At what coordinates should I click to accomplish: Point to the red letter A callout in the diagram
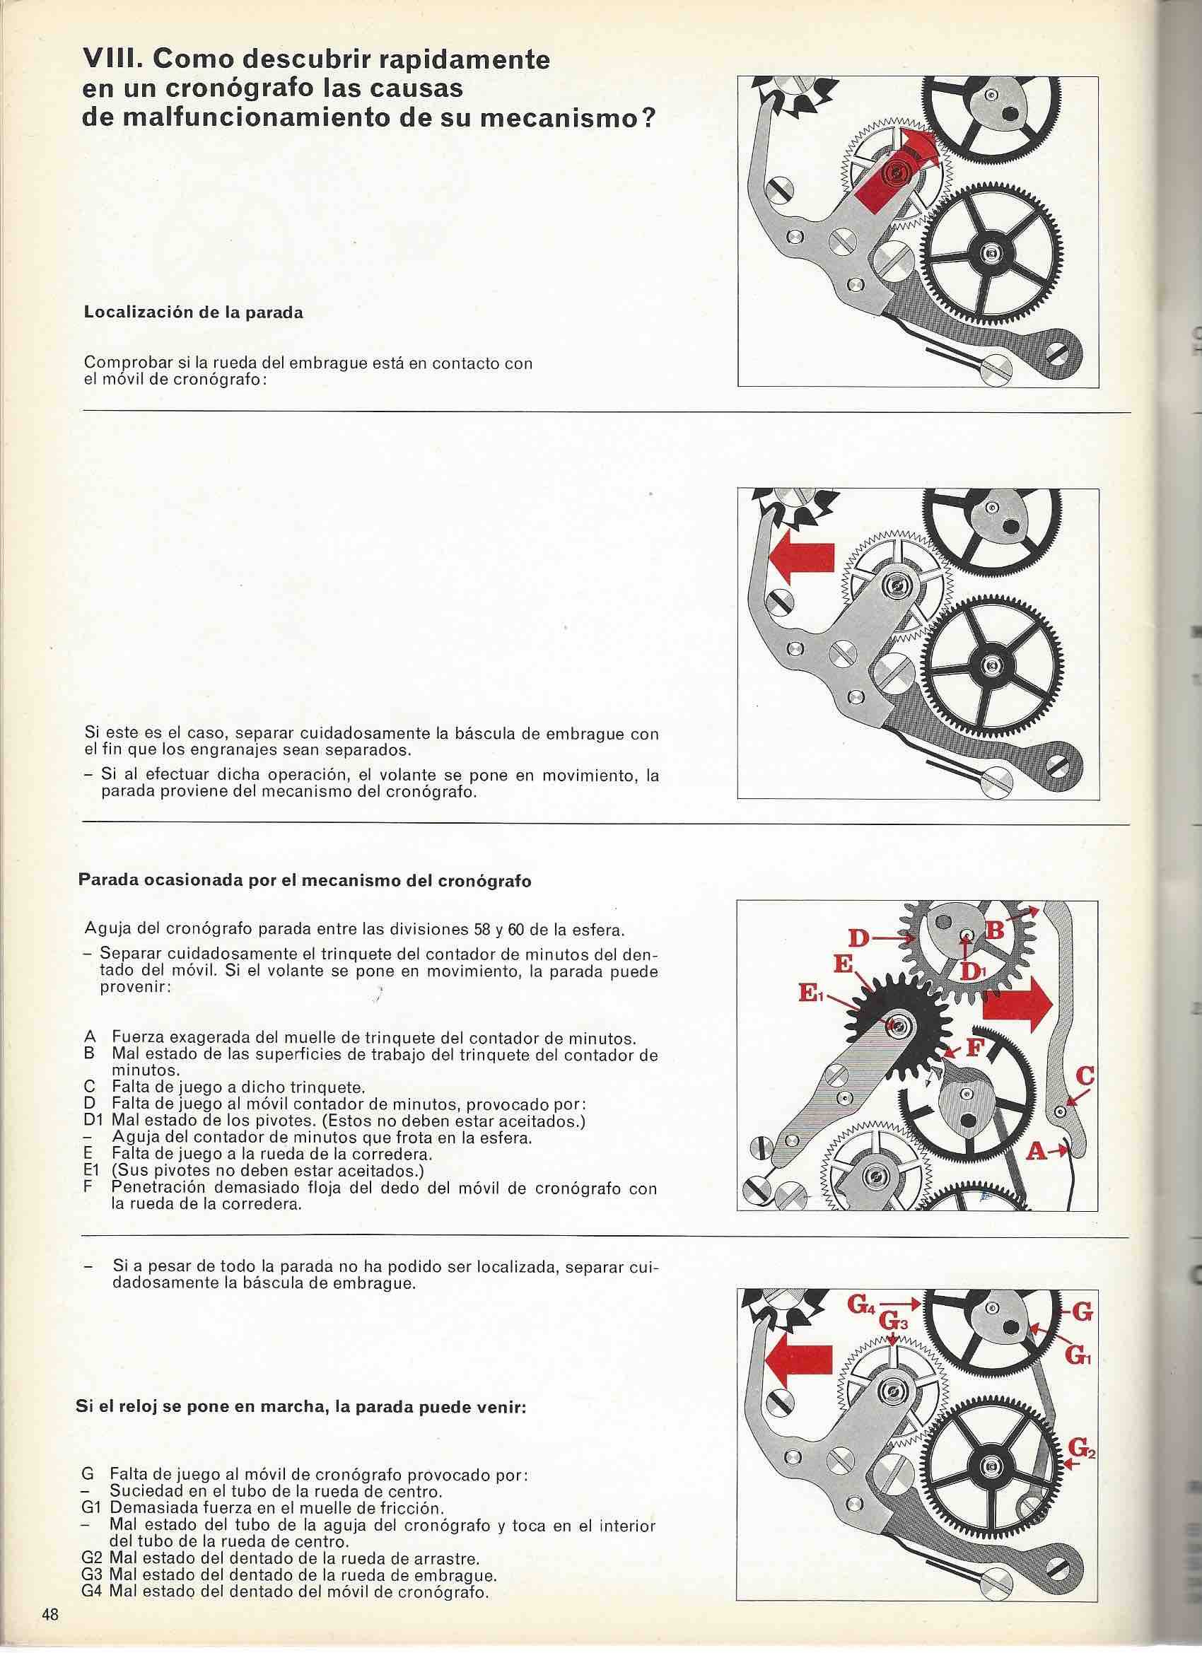click(x=1036, y=1151)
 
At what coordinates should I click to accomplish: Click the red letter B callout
click(x=995, y=930)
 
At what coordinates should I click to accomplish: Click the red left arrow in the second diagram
click(x=800, y=563)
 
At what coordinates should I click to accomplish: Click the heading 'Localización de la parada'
click(x=194, y=313)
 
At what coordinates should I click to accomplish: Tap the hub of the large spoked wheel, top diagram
click(x=990, y=252)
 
